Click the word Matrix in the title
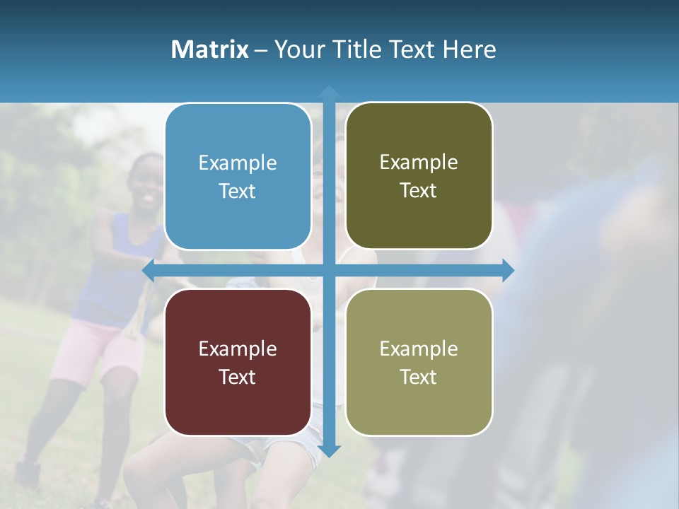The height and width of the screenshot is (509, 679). tap(209, 49)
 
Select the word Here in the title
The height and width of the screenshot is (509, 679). tap(469, 49)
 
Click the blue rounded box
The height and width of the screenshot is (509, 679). tap(238, 176)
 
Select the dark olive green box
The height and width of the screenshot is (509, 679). tap(419, 176)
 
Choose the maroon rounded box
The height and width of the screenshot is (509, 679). tap(238, 362)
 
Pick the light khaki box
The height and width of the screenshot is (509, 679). tap(419, 362)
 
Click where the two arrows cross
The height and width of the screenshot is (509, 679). tap(329, 270)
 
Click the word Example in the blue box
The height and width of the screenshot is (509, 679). tap(238, 163)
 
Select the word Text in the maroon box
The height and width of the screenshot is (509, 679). tap(238, 377)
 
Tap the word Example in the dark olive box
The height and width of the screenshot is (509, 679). tap(419, 162)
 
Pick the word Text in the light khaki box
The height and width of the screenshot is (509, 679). tap(419, 377)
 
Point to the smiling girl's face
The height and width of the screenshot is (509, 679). tap(147, 182)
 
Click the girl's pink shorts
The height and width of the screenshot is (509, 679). tap(92, 350)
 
